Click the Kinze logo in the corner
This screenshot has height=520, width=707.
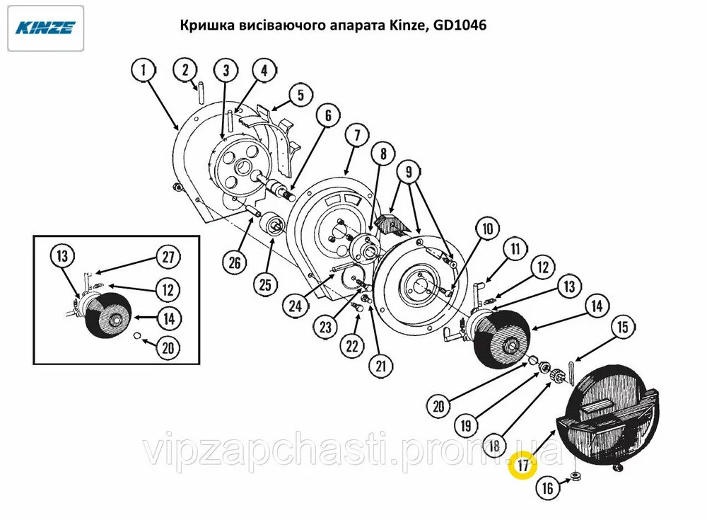click(45, 28)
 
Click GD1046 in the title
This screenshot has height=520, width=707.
click(460, 25)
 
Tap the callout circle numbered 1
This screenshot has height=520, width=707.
click(144, 71)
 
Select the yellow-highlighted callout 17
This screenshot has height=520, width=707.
click(523, 465)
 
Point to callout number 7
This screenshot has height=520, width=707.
click(357, 135)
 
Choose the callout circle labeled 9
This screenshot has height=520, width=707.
click(409, 172)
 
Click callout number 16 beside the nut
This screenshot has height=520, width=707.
click(547, 488)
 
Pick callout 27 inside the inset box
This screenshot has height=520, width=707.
click(168, 257)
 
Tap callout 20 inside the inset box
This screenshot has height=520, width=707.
click(168, 348)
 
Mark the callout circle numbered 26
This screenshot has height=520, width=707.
click(235, 262)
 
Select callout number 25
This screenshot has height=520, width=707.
click(266, 284)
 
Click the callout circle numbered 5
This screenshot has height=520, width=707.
click(300, 96)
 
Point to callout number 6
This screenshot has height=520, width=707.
click(328, 115)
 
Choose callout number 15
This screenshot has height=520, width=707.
click(623, 327)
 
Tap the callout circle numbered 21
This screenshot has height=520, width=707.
click(381, 366)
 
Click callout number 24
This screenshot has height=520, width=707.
click(296, 306)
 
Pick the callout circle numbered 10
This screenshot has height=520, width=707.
click(488, 229)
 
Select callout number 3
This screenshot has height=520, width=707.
click(226, 71)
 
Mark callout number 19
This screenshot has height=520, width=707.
click(466, 426)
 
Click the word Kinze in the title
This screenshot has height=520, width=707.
click(408, 25)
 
